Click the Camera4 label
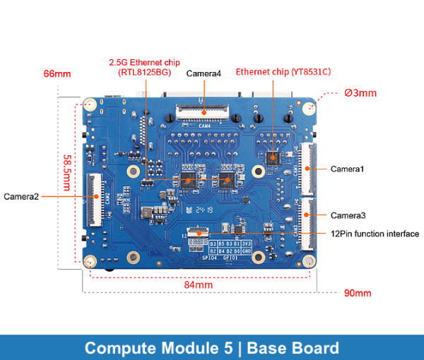pyautogui.click(x=204, y=73)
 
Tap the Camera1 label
pyautogui.click(x=347, y=169)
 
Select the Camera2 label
pyautogui.click(x=20, y=196)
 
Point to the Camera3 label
pyautogui.click(x=348, y=215)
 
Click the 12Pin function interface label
pyautogui.click(x=375, y=234)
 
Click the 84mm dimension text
pyautogui.click(x=199, y=284)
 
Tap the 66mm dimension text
pyautogui.click(x=57, y=73)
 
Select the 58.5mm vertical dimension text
pyautogui.click(x=67, y=172)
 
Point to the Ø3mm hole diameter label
pyautogui.click(x=360, y=92)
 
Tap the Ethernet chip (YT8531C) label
pyautogui.click(x=283, y=72)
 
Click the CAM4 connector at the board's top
pyautogui.click(x=204, y=110)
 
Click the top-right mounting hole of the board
pyautogui.click(x=309, y=108)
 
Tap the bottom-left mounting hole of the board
pyautogui.click(x=90, y=262)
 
